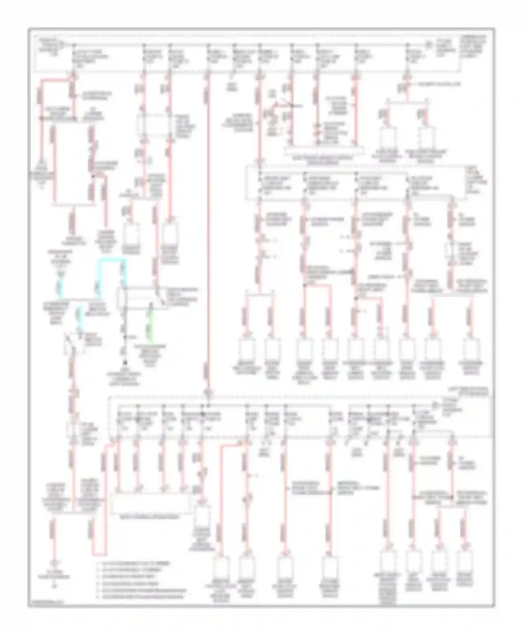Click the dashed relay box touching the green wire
[x=142, y=299]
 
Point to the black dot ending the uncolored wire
[x=125, y=362]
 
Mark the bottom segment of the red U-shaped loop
[x=98, y=555]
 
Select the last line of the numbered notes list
[x=141, y=597]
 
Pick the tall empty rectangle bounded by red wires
[x=74, y=163]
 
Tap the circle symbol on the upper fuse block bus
[x=428, y=45]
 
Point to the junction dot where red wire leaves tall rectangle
[x=93, y=177]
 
